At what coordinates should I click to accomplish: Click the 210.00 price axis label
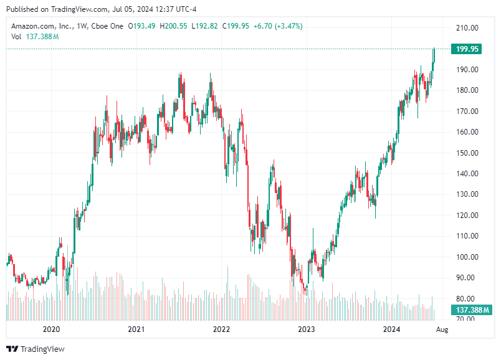click(x=467, y=28)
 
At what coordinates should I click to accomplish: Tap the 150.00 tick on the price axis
click(x=467, y=153)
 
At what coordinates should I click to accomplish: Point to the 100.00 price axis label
click(x=467, y=257)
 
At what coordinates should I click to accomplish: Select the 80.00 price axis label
click(x=467, y=298)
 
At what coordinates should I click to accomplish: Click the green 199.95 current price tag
click(x=467, y=49)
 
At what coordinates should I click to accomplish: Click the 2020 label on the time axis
click(x=51, y=329)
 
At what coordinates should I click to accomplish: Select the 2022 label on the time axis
click(x=221, y=329)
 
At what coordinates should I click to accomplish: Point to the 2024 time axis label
click(x=391, y=329)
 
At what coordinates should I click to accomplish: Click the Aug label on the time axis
click(x=442, y=329)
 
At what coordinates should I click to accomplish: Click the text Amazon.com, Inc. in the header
click(x=39, y=26)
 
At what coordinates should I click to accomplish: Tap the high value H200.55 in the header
click(x=175, y=26)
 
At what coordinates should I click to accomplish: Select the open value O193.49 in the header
click(x=142, y=26)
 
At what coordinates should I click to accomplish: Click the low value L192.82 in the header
click(x=208, y=26)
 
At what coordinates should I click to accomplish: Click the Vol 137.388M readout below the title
click(x=35, y=37)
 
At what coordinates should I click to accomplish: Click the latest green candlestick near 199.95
click(x=434, y=55)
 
